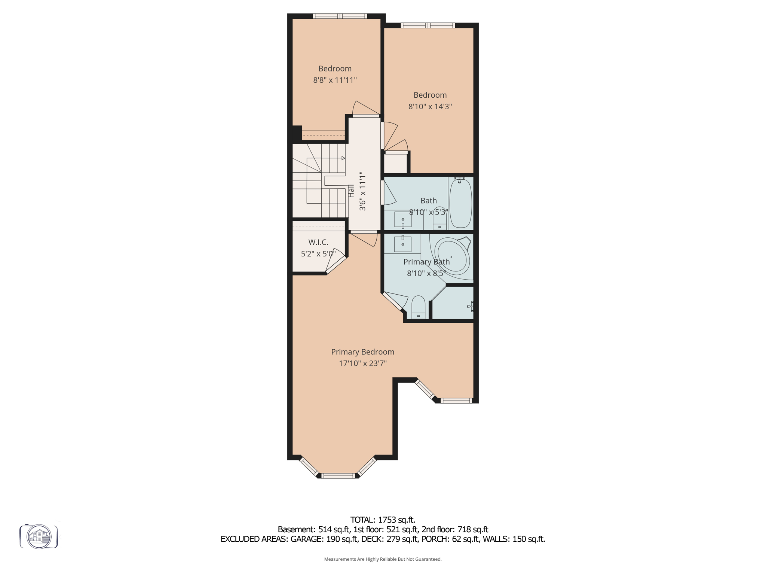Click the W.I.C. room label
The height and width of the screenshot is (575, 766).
point(318,242)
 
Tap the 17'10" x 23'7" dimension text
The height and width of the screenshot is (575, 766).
point(363,363)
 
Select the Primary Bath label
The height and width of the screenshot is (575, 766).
point(426,262)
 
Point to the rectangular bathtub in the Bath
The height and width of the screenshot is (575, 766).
point(460,203)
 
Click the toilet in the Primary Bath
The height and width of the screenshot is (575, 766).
point(418,307)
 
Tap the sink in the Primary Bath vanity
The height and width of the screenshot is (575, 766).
point(403,244)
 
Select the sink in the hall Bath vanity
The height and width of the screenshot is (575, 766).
point(403,220)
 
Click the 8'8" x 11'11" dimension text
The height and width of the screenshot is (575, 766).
point(335,80)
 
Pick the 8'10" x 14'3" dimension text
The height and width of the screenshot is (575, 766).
point(430,107)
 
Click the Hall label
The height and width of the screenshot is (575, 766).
point(351,191)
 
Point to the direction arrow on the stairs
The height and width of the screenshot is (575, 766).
point(343,158)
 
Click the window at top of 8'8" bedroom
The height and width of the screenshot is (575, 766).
point(340,16)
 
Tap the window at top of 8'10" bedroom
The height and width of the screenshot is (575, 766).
point(428,25)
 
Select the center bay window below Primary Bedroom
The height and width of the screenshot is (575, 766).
point(338,476)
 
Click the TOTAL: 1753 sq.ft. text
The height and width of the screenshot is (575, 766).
point(383,520)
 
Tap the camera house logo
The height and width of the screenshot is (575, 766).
point(39,536)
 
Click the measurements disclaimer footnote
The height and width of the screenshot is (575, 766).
point(383,559)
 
